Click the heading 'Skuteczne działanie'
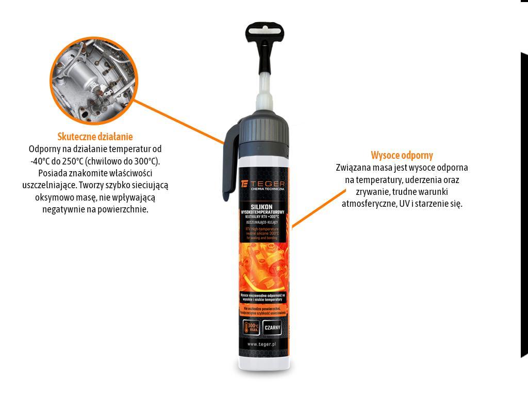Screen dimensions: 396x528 pos(95,137)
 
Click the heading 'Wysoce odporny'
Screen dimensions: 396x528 pos(402,155)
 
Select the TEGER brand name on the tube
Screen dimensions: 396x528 pos(267,184)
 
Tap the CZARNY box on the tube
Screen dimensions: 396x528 pos(272,327)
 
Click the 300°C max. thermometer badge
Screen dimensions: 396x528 pos(252,327)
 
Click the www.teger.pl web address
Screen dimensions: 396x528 pos(262,344)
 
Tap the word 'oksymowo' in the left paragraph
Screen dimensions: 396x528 pos(53,197)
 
